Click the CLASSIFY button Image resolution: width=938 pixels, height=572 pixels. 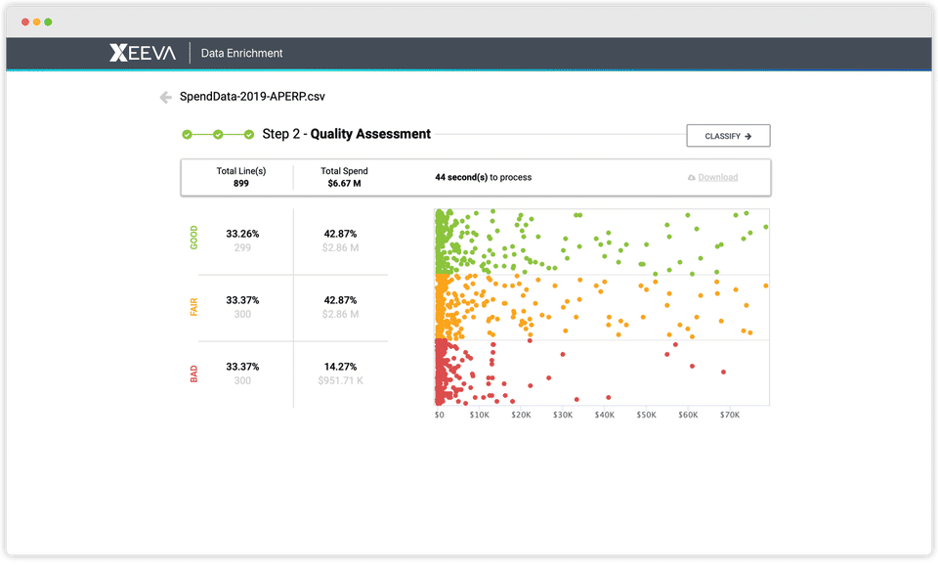pos(728,136)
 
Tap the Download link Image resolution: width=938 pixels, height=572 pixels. pos(717,177)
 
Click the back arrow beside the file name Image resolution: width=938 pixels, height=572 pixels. pos(166,97)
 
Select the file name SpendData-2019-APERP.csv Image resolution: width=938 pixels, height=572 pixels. pos(252,97)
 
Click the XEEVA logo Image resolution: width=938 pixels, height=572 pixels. pos(143,53)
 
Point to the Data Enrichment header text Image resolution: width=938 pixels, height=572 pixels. pos(241,53)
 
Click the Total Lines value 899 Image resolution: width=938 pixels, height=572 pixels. pos(241,183)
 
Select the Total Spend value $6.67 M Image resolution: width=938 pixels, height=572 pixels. pos(344,183)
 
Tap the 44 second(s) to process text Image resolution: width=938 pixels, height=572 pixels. pos(484,177)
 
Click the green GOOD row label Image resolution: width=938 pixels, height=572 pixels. pos(193,238)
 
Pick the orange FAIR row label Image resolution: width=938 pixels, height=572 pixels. pos(193,307)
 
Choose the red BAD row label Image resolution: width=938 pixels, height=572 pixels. pos(193,374)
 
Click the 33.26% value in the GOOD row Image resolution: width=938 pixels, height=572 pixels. pos(242,234)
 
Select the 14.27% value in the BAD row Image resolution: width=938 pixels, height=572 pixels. pos(340,366)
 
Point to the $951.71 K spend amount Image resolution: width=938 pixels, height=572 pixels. pos(340,380)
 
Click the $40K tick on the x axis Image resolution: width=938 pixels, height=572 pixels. pos(604,415)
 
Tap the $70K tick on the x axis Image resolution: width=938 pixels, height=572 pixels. pos(730,415)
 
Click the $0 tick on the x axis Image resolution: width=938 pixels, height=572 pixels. pos(440,415)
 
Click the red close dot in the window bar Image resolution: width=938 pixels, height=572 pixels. pos(25,22)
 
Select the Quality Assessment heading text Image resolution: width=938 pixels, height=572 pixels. pos(370,134)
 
